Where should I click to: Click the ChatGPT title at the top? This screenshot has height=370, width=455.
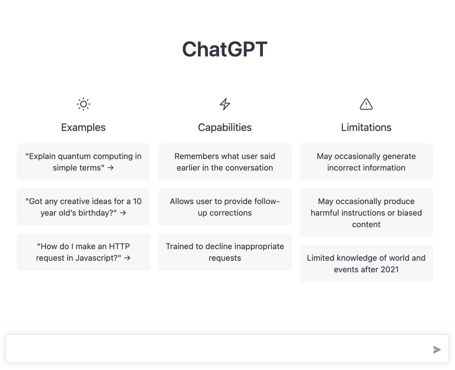click(x=225, y=49)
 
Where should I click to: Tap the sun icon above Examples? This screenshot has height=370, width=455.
click(x=83, y=104)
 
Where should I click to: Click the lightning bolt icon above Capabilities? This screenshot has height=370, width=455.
click(x=225, y=104)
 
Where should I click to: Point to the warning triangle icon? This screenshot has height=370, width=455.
click(x=366, y=104)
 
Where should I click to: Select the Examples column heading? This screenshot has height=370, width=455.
click(x=83, y=128)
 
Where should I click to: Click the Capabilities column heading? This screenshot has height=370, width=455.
click(x=225, y=128)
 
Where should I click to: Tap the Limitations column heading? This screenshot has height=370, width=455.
click(x=366, y=128)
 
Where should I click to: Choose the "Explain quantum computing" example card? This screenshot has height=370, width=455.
click(x=83, y=162)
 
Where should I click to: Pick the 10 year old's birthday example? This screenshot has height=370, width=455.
click(x=83, y=207)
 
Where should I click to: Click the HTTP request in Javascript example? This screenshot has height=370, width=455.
click(x=83, y=252)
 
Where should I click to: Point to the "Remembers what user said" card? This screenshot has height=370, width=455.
click(x=225, y=162)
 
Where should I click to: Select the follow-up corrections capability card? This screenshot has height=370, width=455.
click(x=225, y=207)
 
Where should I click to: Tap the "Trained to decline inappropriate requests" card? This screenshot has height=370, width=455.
click(x=225, y=252)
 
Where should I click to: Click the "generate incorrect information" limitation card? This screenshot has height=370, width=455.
click(x=366, y=162)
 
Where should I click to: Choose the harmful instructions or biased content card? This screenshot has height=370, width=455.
click(x=366, y=212)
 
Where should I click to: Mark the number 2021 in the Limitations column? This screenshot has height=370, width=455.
click(x=390, y=270)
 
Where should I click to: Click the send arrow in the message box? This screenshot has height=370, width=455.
click(x=437, y=349)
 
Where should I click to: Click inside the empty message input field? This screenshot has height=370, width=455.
click(x=218, y=348)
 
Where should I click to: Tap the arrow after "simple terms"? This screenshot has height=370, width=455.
click(x=110, y=168)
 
